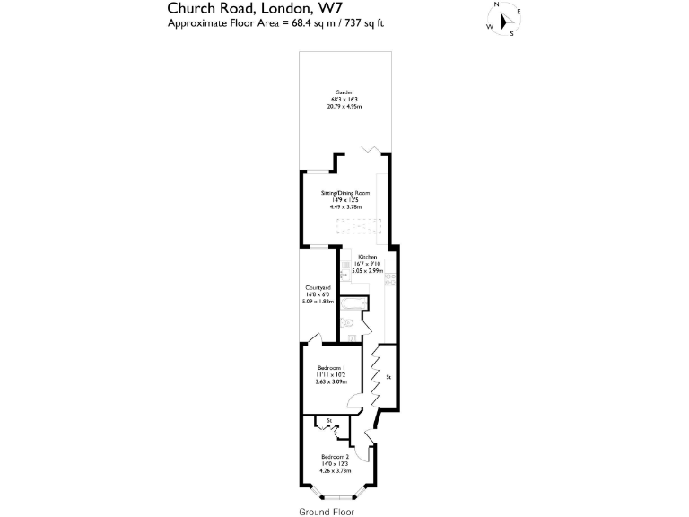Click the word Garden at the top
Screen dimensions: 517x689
pos(344,92)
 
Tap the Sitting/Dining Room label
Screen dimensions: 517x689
pos(344,193)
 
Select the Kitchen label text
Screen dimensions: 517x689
pos(368,257)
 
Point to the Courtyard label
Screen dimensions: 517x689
pos(318,288)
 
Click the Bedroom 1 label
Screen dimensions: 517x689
pos(331,369)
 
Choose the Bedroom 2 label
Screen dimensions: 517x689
pos(334,457)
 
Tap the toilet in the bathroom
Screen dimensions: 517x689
pos(347,322)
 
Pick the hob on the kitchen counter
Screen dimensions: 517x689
pos(389,280)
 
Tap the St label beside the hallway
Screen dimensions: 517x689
pos(388,378)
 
